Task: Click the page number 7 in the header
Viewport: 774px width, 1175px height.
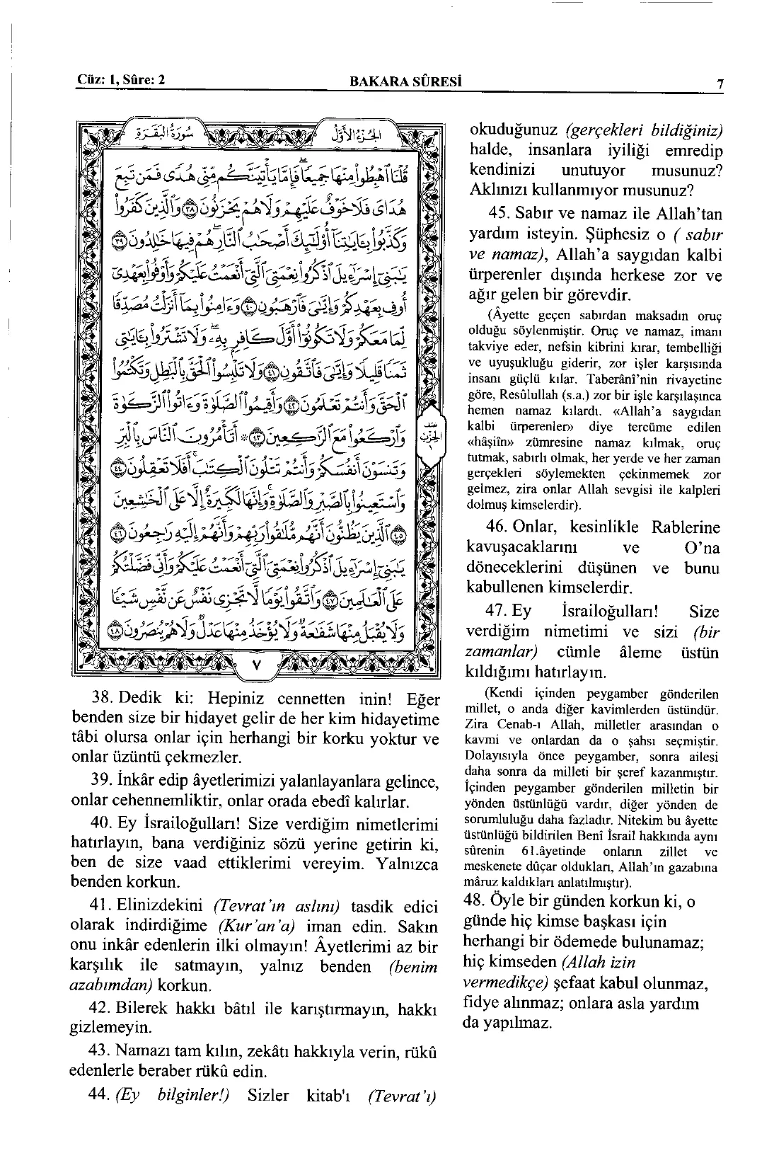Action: click(720, 84)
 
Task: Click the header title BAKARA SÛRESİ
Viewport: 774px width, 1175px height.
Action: click(406, 81)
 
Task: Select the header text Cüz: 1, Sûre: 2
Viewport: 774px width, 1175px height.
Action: click(120, 79)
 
